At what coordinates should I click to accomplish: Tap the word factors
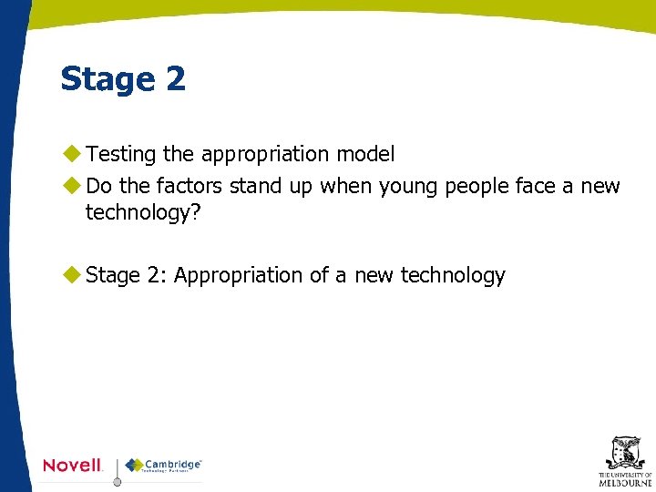[x=189, y=187]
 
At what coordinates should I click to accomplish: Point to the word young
[x=408, y=187]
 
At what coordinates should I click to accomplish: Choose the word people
[x=477, y=188]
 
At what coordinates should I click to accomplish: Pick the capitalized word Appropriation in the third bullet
[x=238, y=275]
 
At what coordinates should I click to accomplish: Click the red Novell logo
[x=73, y=465]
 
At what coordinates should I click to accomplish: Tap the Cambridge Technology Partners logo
[x=164, y=466]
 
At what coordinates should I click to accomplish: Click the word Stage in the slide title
[x=104, y=79]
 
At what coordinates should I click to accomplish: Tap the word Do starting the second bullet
[x=98, y=187]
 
